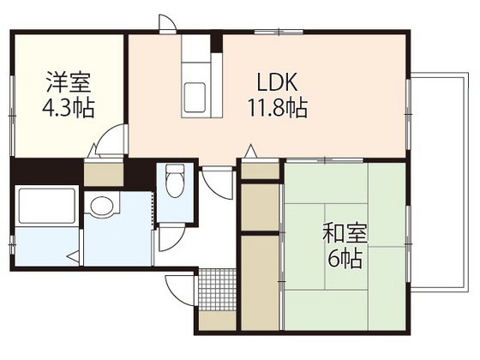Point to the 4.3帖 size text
click(69, 109)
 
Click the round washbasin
click(102, 207)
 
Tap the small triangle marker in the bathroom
click(75, 254)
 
